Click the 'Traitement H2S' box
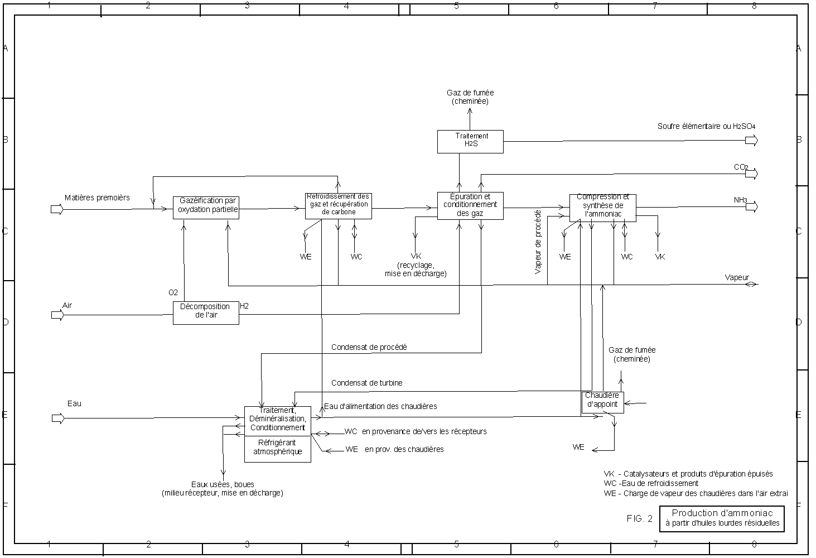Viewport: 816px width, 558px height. pos(470,142)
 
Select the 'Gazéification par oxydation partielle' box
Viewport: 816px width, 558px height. pos(206,208)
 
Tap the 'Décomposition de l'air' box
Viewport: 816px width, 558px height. pos(206,313)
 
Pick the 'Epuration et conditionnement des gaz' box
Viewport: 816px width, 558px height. pos(470,205)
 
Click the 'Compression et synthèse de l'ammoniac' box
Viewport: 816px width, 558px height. pos(602,208)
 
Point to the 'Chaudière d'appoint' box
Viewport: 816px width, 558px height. pos(602,402)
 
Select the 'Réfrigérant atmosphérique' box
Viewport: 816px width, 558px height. pos(277,449)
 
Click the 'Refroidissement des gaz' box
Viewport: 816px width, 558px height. pos(338,205)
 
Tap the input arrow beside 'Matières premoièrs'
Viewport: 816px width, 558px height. pos(57,209)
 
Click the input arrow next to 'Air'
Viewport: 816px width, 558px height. pos(57,315)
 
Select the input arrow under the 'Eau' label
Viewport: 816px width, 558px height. pos(57,419)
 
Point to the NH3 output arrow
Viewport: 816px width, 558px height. pos(752,207)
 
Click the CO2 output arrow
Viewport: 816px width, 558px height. pos(752,174)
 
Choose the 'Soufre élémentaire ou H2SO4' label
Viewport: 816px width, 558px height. pos(706,127)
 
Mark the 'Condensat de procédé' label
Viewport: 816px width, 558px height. pos(369,347)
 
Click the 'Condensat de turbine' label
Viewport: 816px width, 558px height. pos(366,383)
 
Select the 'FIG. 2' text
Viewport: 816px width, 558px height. pos(639,518)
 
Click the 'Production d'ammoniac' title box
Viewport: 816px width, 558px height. pos(722,518)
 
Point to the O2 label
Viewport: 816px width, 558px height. pos(173,292)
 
